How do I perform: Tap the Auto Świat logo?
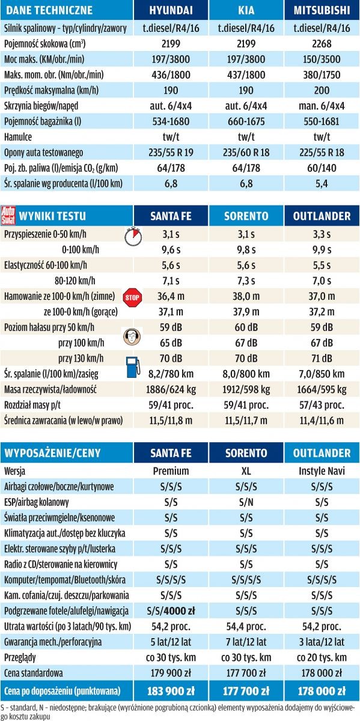(9, 214)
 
